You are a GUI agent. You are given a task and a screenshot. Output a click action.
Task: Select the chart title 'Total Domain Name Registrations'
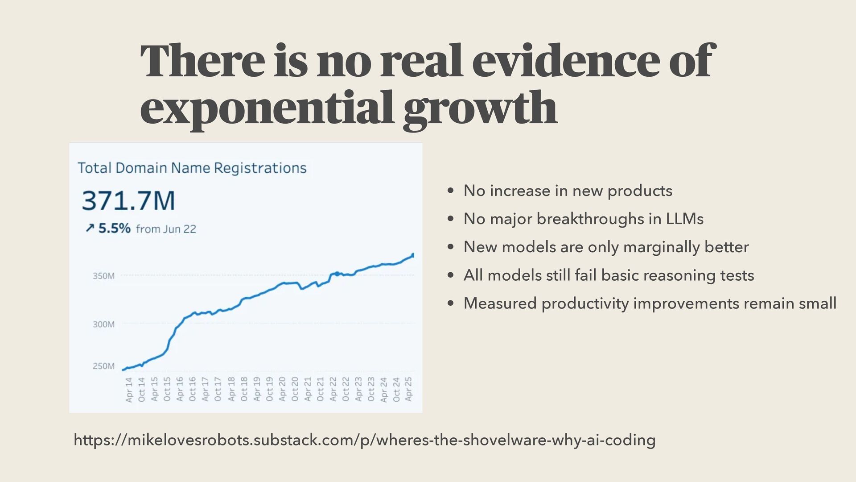[192, 168]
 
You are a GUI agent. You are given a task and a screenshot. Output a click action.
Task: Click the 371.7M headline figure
[128, 200]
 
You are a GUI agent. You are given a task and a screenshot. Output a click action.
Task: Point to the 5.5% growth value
[114, 229]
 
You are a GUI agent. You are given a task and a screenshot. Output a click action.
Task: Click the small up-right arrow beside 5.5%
[90, 229]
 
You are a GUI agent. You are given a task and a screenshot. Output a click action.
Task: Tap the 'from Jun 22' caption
[166, 229]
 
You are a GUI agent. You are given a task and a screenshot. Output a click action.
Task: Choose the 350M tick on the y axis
[103, 276]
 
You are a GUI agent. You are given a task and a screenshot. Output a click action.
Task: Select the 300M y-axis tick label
[103, 324]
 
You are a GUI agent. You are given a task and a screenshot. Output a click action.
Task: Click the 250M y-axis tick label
[103, 366]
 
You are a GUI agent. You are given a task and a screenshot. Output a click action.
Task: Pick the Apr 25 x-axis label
[409, 389]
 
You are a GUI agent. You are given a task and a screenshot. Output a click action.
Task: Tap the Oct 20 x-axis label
[295, 389]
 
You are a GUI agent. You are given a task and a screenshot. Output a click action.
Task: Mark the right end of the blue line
[413, 255]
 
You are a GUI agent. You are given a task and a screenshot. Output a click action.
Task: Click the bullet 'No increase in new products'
[568, 191]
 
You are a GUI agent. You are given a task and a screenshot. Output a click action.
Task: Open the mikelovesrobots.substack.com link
[364, 440]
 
